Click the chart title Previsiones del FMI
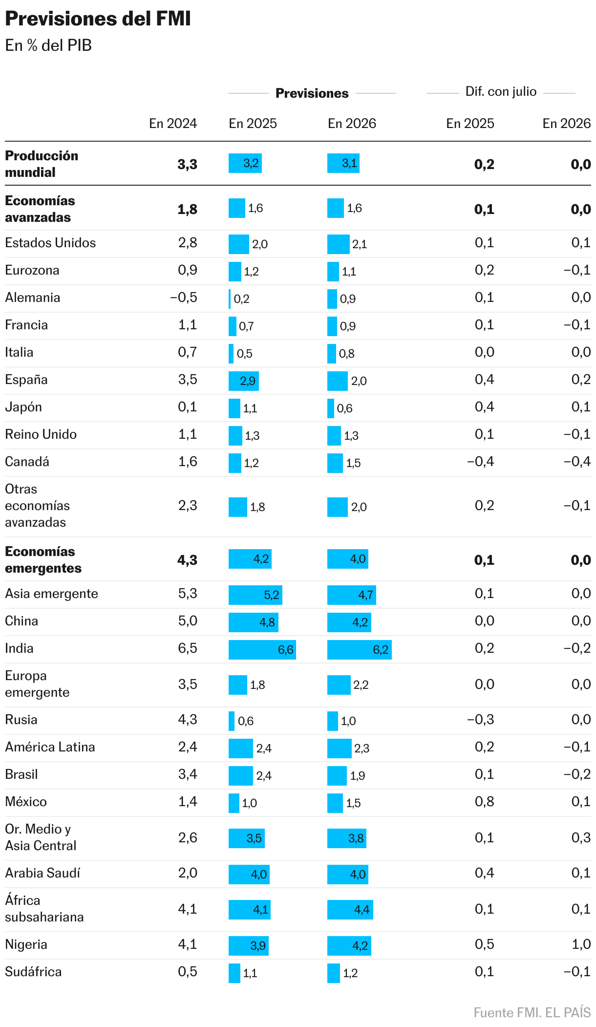[98, 19]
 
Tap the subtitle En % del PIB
[48, 45]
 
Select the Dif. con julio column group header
[501, 92]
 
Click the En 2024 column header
[173, 124]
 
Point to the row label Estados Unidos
[50, 243]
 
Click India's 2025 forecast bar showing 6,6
[262, 650]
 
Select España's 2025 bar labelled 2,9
[243, 381]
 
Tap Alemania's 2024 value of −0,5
[184, 298]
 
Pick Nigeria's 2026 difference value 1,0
[581, 944]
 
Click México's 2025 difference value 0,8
[484, 802]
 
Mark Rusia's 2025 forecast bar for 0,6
[232, 721]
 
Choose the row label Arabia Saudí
[43, 873]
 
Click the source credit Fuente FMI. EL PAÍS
[532, 1013]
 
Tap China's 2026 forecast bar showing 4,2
[349, 622]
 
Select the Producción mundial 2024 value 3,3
[187, 164]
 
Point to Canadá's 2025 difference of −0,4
[480, 462]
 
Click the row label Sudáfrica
[33, 972]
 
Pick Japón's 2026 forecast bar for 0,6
[331, 408]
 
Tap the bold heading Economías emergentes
[43, 560]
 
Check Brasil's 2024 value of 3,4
[188, 774]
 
